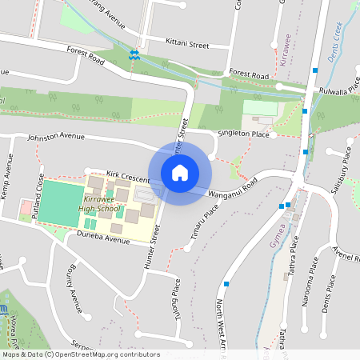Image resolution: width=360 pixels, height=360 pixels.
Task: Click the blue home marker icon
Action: click(x=180, y=172)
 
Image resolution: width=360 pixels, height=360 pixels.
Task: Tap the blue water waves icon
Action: click(x=134, y=54)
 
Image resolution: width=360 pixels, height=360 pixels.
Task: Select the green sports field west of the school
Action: click(x=59, y=201)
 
